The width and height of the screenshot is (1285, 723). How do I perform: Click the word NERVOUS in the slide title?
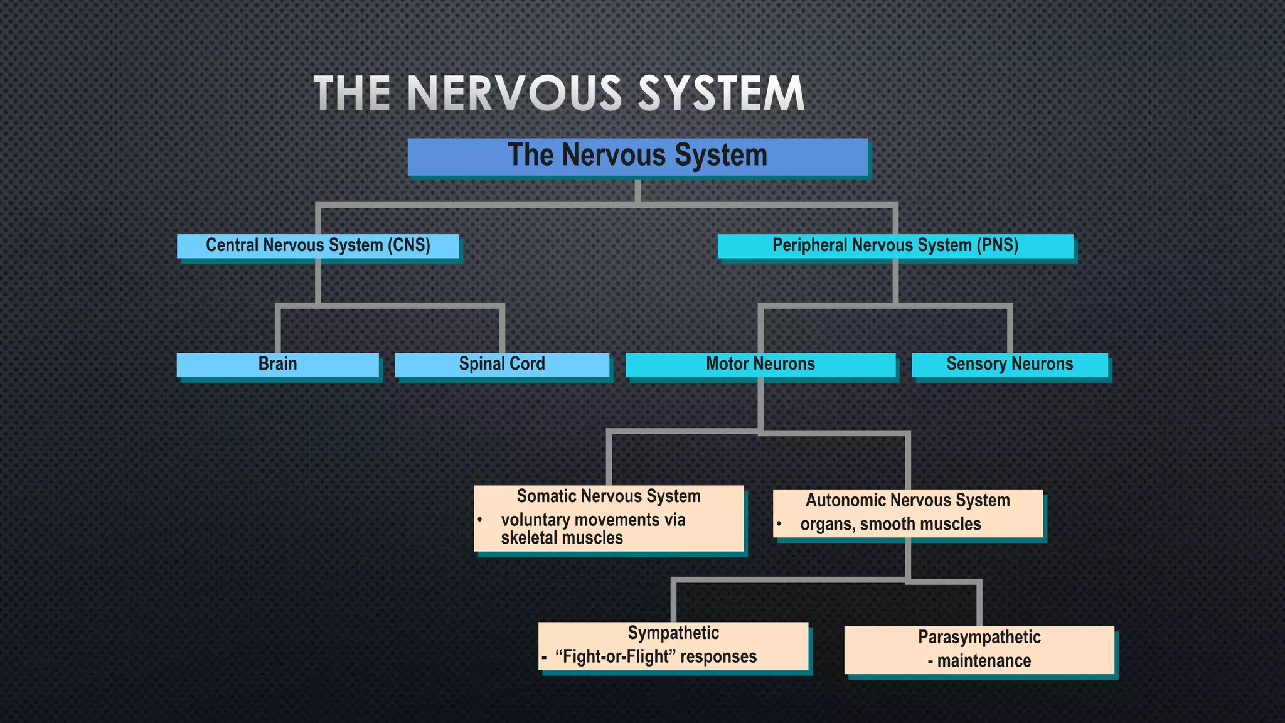514,94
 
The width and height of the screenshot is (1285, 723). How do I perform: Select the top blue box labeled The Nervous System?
637,156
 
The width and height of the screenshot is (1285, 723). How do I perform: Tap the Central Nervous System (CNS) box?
317,245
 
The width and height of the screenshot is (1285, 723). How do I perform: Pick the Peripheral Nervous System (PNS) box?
895,245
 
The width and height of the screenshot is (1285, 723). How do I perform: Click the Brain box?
277,364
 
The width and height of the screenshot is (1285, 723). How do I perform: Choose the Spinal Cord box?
502,364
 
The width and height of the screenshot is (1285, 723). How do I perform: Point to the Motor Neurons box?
760,364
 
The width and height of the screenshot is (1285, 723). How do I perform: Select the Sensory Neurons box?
1010,364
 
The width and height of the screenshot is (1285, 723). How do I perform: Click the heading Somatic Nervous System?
608,496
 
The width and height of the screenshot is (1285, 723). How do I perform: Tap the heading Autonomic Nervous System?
907,501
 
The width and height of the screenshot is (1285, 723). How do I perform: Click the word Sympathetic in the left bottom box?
673,633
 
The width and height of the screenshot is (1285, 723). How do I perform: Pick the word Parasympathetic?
979,638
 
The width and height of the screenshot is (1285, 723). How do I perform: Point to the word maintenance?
984,661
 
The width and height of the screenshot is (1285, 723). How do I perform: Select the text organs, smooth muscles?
890,525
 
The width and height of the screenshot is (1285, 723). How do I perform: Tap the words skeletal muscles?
562,538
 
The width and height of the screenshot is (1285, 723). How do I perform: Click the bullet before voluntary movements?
479,520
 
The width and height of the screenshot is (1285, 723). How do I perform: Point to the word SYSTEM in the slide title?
721,94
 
